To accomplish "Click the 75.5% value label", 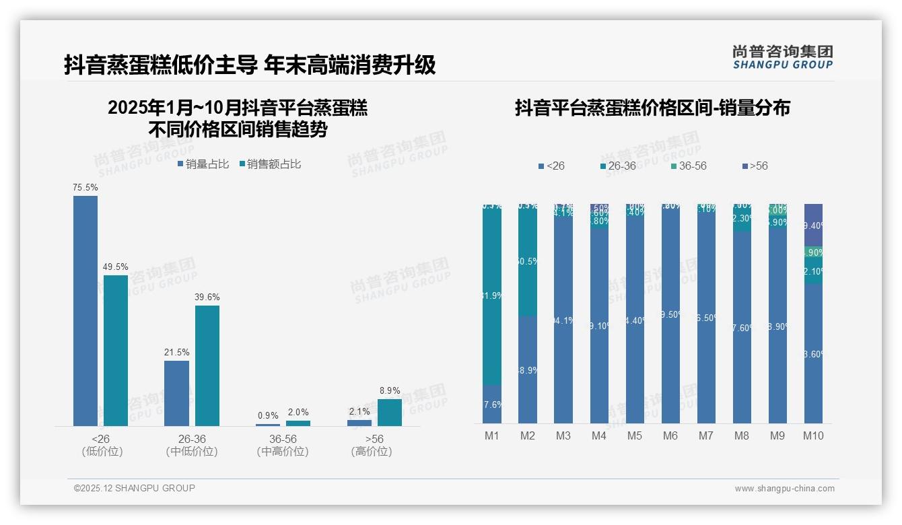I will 85,188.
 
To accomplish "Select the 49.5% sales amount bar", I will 115,350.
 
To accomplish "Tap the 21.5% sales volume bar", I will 176,393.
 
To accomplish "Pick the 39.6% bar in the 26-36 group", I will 207,365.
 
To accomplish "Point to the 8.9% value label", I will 390,390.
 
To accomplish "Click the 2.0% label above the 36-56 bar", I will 298,413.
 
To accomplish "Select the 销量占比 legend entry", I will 203,164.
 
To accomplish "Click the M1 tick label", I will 492,435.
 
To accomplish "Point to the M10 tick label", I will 813,435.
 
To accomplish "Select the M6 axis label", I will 670,435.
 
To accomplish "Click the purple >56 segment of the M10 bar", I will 813,225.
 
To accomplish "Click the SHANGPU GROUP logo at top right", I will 782,57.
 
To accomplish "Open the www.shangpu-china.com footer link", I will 784,489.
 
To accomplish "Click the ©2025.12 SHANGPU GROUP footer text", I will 135,488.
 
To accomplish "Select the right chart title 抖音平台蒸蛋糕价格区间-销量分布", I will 652,108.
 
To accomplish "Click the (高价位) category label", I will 372,452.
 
